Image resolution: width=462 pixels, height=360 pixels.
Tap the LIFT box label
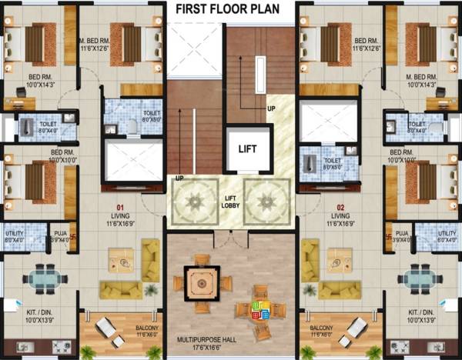click(x=247, y=148)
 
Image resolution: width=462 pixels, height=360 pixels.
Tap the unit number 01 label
click(x=120, y=207)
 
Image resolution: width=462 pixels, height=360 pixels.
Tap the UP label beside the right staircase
click(x=270, y=108)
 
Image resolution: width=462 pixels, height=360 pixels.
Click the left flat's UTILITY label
click(x=13, y=232)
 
